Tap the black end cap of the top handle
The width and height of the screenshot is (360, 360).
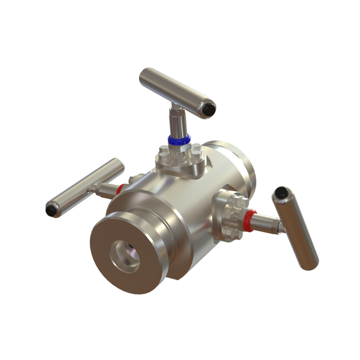coord(207,110)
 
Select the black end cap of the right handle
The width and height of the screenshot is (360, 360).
coord(283,193)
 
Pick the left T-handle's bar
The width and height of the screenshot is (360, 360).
coord(84,187)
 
